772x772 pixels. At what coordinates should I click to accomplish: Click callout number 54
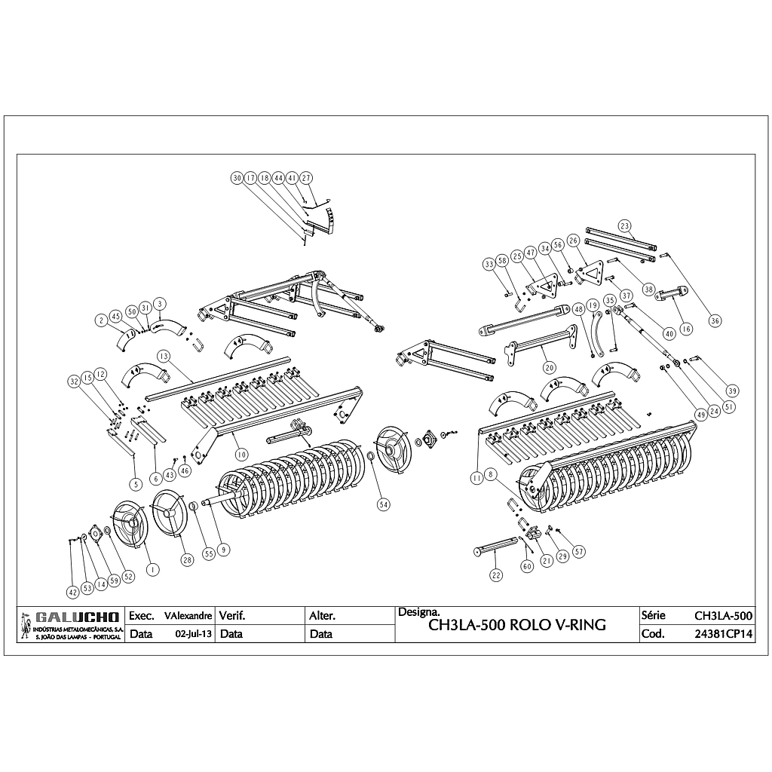[x=384, y=504]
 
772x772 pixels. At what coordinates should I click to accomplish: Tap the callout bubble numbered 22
[x=495, y=574]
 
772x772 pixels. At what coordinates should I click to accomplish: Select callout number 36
[x=715, y=320]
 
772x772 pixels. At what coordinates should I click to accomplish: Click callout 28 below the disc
[x=187, y=559]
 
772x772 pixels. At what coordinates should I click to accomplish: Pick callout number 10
[x=241, y=455]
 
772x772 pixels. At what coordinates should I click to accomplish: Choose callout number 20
[x=549, y=367]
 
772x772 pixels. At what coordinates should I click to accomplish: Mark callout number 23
[x=624, y=225]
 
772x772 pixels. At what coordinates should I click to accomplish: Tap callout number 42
[x=72, y=592]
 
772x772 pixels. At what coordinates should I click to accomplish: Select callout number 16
[x=685, y=328]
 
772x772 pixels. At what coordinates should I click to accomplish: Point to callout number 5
[x=135, y=483]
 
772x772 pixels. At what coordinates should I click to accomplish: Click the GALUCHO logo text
[x=73, y=617]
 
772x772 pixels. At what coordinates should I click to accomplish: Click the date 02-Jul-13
[x=193, y=634]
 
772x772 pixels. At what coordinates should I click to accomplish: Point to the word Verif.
[x=231, y=616]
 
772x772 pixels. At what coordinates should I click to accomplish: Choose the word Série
[x=653, y=615]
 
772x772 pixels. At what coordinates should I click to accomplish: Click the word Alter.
[x=322, y=616]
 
